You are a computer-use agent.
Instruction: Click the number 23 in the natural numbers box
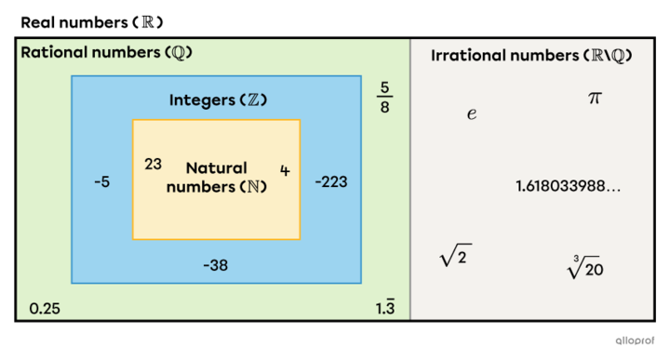click(x=154, y=164)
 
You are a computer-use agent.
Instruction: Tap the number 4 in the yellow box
click(x=285, y=170)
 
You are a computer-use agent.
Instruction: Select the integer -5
click(x=102, y=182)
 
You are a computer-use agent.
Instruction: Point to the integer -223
click(x=330, y=182)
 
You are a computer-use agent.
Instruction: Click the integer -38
click(x=216, y=266)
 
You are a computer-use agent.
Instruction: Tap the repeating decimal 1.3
click(x=385, y=308)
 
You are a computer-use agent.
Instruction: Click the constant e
click(x=472, y=113)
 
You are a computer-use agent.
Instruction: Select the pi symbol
click(x=595, y=98)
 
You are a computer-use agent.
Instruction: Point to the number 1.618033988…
click(x=568, y=186)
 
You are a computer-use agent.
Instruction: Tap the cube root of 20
click(x=585, y=268)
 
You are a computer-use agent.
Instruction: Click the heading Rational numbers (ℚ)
click(x=106, y=52)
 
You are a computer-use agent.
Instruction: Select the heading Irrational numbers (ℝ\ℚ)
click(x=531, y=56)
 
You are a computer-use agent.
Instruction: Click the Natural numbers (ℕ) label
click(x=216, y=177)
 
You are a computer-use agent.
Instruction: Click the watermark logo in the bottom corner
click(x=636, y=340)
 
